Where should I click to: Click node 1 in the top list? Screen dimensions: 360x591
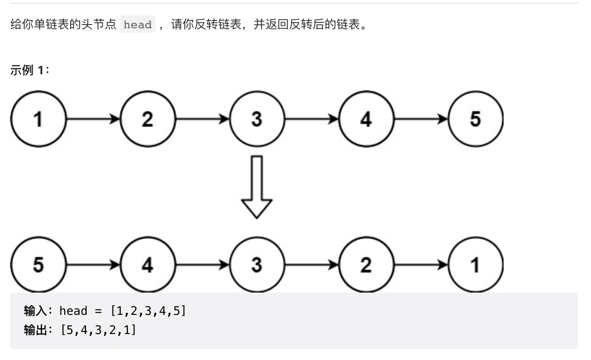[38, 119]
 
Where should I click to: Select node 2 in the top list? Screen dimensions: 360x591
[148, 119]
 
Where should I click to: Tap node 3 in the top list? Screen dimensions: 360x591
[257, 119]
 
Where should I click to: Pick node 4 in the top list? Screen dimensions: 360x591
[366, 119]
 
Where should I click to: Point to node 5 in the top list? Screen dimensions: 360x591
[475, 119]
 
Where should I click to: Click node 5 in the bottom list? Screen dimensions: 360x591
[38, 264]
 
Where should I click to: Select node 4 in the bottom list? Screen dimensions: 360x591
[148, 264]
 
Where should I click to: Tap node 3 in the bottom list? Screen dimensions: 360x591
[257, 264]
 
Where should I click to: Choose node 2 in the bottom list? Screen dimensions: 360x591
[366, 264]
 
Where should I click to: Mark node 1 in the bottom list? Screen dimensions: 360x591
[475, 264]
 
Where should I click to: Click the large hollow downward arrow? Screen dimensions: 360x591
[257, 187]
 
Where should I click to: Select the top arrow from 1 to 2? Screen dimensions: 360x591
[93, 119]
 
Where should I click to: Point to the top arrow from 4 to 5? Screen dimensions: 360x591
[421, 119]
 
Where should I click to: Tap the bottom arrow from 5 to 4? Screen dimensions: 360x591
[93, 264]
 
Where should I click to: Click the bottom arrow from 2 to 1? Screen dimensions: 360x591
[421, 264]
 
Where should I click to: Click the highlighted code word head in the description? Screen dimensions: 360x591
[138, 25]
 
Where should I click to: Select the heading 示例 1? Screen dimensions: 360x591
[30, 70]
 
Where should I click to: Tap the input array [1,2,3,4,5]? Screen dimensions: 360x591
[148, 311]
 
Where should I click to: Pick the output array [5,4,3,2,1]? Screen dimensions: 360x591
[98, 329]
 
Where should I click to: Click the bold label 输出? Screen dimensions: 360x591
[35, 329]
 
